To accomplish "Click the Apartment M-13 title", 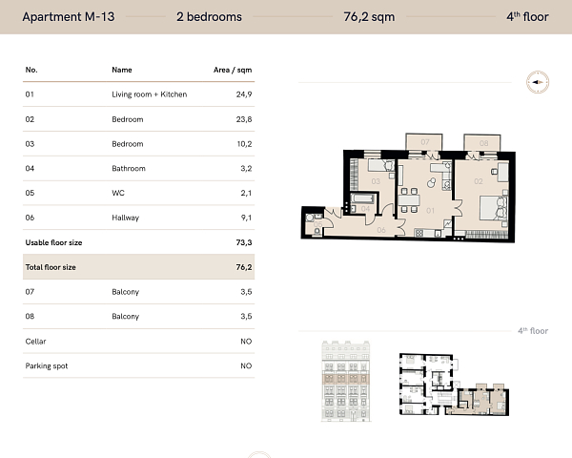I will tap(68, 16).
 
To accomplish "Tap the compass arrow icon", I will tap(538, 83).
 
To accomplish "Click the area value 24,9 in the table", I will tap(242, 94).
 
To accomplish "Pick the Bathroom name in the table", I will tap(129, 169).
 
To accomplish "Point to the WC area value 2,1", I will tap(245, 194).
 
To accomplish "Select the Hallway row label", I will tap(126, 219).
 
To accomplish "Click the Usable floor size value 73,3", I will tap(243, 243).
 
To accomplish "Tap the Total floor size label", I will tap(51, 268).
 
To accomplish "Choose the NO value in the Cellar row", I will tap(246, 342).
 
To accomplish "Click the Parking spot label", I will tap(47, 366).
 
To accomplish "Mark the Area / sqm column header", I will tap(233, 70).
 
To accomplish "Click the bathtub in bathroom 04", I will tap(364, 209).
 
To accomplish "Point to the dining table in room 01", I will tap(407, 202).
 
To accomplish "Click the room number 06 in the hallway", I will tap(379, 229).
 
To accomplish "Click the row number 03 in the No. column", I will tap(31, 144).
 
